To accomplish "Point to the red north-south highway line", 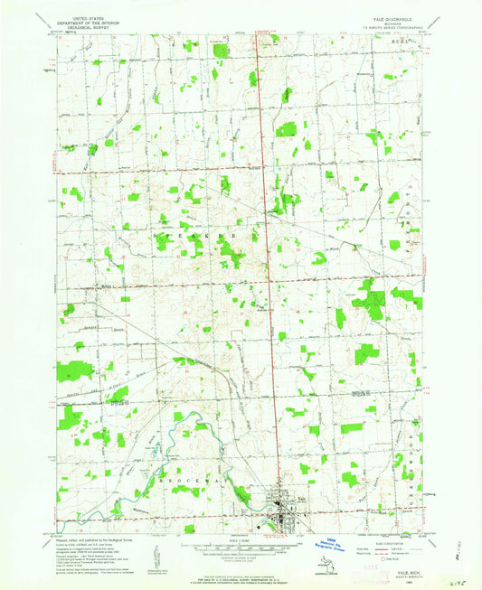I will point(262,271).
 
